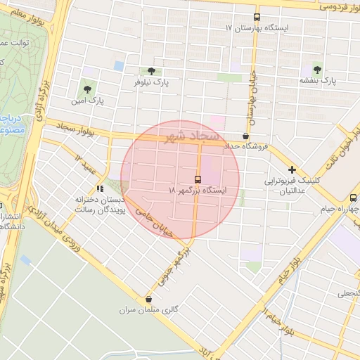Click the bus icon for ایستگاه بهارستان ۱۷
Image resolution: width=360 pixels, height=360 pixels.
point(257,17)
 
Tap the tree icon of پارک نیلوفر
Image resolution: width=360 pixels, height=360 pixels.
point(151,71)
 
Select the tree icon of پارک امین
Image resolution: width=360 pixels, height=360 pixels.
point(87,89)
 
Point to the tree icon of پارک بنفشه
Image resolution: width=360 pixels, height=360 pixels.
point(317,69)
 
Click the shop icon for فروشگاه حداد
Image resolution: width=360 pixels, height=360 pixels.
point(245,136)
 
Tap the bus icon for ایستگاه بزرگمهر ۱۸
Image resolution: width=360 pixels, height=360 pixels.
point(198,179)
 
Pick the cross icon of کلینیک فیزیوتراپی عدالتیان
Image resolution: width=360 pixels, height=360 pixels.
point(292,169)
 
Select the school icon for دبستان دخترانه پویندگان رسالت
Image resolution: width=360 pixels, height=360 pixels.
point(101,188)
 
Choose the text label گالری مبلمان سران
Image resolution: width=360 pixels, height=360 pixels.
point(127,309)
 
